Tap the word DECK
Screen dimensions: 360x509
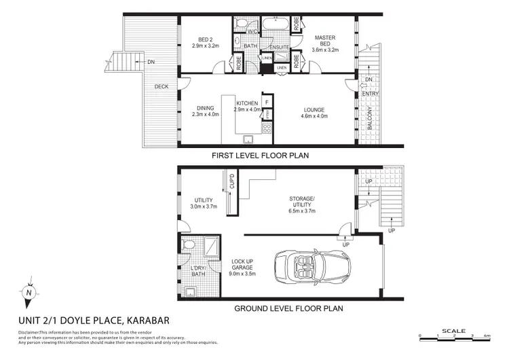[x=161, y=87]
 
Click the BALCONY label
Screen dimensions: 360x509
[x=369, y=118]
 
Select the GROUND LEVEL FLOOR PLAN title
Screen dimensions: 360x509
[x=288, y=308]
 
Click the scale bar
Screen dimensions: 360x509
[x=453, y=335]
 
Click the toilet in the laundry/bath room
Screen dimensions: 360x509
[x=191, y=244]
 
